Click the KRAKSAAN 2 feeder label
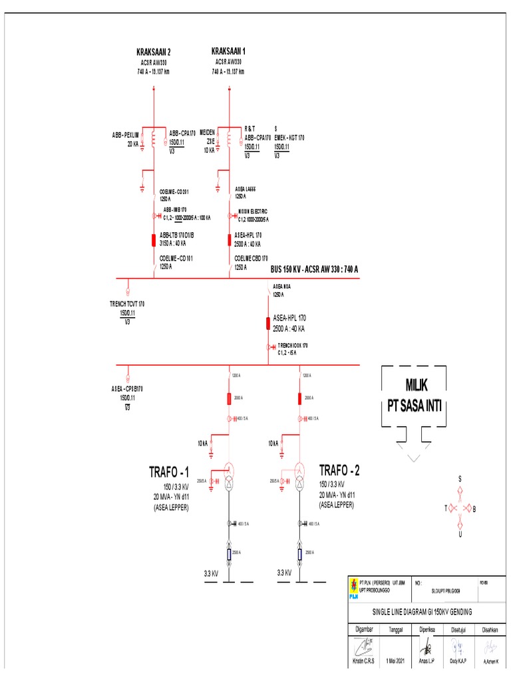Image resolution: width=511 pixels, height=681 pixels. (x=154, y=52)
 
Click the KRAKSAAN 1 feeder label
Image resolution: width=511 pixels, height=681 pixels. (x=229, y=51)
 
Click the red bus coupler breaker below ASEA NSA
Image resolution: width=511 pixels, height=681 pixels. (x=268, y=324)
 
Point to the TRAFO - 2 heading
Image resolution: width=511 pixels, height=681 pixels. (x=339, y=470)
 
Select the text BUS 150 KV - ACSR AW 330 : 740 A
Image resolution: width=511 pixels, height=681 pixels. (x=314, y=269)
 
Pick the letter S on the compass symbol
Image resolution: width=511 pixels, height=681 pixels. (x=460, y=479)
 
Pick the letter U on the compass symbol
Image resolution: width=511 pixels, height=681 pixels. (x=460, y=534)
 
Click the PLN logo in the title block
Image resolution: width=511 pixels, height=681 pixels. (x=353, y=587)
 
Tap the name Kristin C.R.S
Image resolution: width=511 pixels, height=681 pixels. (x=364, y=662)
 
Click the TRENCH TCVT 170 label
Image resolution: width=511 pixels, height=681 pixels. (x=127, y=303)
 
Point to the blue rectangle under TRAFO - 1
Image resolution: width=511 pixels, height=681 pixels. (x=229, y=554)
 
